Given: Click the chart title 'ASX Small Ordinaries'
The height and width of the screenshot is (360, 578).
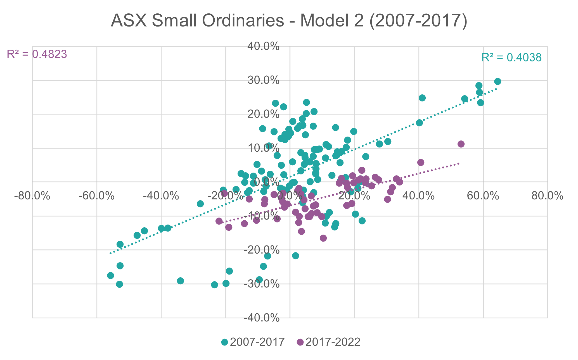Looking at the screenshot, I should pyautogui.click(x=289, y=21).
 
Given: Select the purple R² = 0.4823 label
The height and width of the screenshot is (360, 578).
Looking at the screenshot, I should pyautogui.click(x=37, y=54).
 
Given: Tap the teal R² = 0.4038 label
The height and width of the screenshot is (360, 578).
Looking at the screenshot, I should pyautogui.click(x=511, y=58).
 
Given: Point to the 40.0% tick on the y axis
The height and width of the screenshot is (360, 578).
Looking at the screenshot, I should pyautogui.click(x=263, y=46).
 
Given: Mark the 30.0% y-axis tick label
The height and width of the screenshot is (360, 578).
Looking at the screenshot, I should pyautogui.click(x=263, y=80).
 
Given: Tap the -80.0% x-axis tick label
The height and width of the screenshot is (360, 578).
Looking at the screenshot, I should pyautogui.click(x=32, y=196).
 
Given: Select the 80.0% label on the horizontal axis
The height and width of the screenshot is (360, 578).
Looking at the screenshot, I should pyautogui.click(x=547, y=196).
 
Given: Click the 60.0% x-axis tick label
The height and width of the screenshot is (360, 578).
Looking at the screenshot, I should pyautogui.click(x=483, y=196).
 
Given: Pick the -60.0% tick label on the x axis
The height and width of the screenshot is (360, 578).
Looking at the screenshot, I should pyautogui.click(x=96, y=196).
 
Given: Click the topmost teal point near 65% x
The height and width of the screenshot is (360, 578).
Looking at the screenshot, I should pyautogui.click(x=498, y=82).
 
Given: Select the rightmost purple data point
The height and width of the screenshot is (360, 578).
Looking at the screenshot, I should pyautogui.click(x=461, y=144).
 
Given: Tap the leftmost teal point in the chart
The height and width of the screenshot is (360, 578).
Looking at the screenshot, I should pyautogui.click(x=110, y=276).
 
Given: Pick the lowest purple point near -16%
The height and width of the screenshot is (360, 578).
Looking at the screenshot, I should pyautogui.click(x=323, y=238).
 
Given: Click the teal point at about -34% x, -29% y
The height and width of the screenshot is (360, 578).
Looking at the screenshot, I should pyautogui.click(x=181, y=281).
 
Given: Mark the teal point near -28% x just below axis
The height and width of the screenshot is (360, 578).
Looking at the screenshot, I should pyautogui.click(x=200, y=204).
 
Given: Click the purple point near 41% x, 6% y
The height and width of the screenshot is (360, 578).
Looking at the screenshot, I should pyautogui.click(x=421, y=163).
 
